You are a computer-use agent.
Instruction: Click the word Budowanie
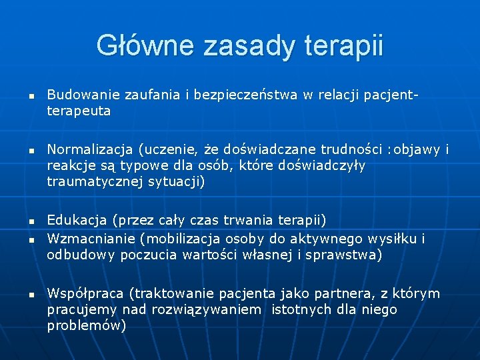click(x=79, y=95)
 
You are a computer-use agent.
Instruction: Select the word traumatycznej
click(x=89, y=181)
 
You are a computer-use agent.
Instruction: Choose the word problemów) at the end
click(x=86, y=325)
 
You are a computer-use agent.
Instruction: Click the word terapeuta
click(x=79, y=111)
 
